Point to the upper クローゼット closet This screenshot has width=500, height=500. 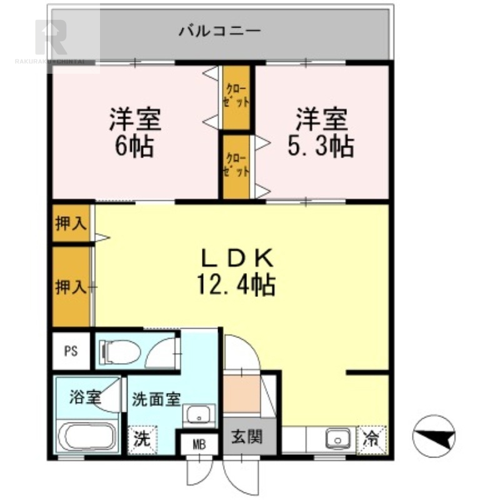(237, 97)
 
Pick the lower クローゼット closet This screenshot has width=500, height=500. (237, 166)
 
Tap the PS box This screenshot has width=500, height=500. (71, 350)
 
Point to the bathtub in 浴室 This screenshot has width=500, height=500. (87, 437)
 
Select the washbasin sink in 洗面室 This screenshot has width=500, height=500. (199, 414)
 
